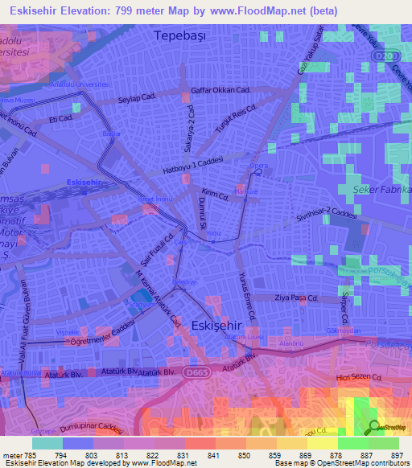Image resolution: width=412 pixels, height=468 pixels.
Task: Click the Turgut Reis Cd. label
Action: [235, 120]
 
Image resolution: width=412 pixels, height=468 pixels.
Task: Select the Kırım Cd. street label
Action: [216, 194]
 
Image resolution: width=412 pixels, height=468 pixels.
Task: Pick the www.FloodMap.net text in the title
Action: [267, 10]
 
